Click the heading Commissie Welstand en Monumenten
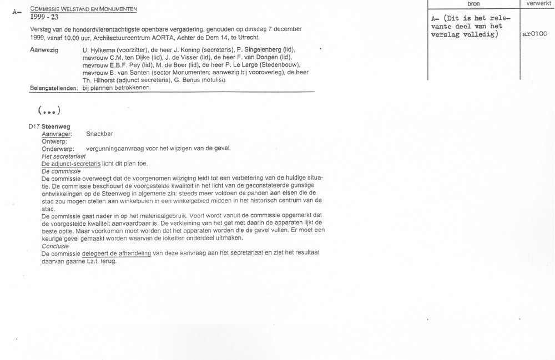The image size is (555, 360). [84, 9]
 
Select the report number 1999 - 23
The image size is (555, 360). [44, 17]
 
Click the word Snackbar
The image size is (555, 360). [100, 134]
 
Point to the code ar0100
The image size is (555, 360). [535, 34]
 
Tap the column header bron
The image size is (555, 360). [473, 4]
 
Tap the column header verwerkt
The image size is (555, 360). [535, 4]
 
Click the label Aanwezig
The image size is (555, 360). [43, 50]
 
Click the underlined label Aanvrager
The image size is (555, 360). [57, 134]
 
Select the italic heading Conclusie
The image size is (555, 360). [56, 246]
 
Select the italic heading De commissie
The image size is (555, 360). [62, 171]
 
